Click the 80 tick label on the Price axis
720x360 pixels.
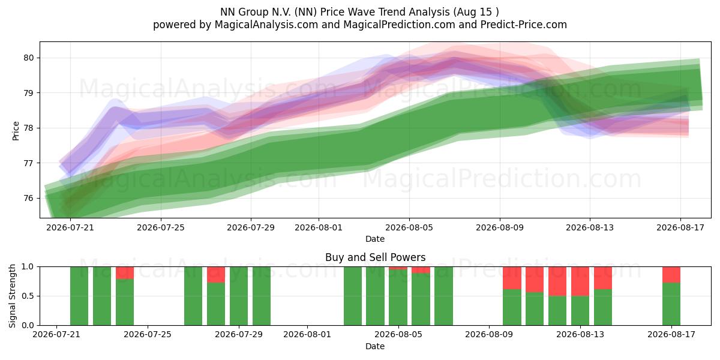click(29, 58)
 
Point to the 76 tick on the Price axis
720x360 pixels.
click(29, 198)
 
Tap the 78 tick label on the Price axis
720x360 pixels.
click(29, 128)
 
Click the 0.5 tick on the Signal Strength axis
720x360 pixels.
click(28, 296)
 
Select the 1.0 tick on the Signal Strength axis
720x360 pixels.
click(28, 266)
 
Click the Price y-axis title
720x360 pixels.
click(16, 131)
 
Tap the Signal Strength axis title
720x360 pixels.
click(12, 296)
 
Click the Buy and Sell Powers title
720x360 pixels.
click(375, 257)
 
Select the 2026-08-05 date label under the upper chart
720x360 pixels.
click(409, 227)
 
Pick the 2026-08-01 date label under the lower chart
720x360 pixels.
click(307, 334)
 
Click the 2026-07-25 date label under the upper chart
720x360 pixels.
click(161, 227)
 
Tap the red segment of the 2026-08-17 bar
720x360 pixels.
click(671, 275)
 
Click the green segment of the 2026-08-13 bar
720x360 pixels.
click(580, 311)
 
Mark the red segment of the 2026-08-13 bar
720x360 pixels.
click(580, 281)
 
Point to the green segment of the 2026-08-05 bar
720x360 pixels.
click(398, 298)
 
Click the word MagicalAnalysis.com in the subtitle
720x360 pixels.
click(266, 25)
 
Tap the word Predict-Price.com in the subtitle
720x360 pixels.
click(524, 25)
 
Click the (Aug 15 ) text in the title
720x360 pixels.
click(476, 12)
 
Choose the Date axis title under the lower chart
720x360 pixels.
click(375, 346)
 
